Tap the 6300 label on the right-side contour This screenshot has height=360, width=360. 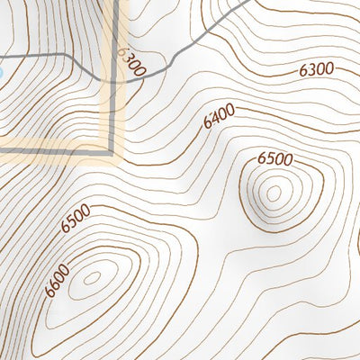point(316,69)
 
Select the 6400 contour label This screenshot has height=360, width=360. point(219,116)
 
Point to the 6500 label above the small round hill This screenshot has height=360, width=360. point(274,159)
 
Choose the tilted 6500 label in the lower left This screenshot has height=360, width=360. point(76,219)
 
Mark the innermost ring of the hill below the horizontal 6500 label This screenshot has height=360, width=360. point(273,191)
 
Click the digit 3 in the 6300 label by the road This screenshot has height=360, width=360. point(129,58)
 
